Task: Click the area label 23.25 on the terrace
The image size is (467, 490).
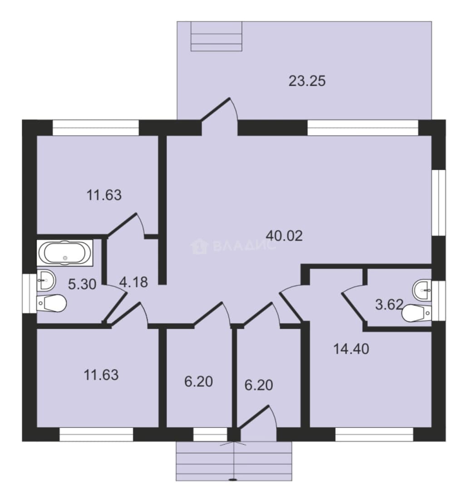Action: (x=307, y=81)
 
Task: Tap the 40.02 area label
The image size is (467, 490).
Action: (x=284, y=235)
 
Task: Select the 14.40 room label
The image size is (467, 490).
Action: (x=351, y=349)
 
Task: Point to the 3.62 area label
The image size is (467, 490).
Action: (x=389, y=304)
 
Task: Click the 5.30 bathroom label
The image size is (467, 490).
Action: (x=82, y=284)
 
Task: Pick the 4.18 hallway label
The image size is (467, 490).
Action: (x=133, y=282)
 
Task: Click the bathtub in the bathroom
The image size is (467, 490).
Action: (x=65, y=253)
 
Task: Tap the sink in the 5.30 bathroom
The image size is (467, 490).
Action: (x=46, y=280)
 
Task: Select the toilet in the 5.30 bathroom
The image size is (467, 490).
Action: (x=52, y=303)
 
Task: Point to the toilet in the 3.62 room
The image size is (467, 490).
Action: (x=417, y=313)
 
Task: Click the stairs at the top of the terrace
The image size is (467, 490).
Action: (x=216, y=36)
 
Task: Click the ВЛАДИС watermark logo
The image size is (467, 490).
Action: (x=233, y=246)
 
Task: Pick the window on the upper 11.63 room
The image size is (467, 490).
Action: (x=96, y=127)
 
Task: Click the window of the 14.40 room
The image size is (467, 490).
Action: (x=374, y=434)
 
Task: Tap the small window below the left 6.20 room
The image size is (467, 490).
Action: (x=210, y=434)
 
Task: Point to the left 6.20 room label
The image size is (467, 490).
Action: (x=198, y=382)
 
